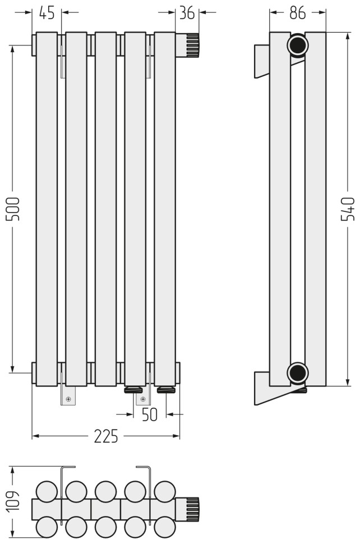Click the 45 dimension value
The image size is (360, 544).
tap(47, 13)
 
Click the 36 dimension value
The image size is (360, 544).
tap(187, 13)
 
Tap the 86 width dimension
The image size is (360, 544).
tap(298, 13)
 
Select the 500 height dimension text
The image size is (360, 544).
tap(13, 209)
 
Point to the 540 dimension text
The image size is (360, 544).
tap(348, 209)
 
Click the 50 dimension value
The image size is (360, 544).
tap(150, 414)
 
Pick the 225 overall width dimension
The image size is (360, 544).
tap(106, 436)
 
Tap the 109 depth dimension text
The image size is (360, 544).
tap(13, 501)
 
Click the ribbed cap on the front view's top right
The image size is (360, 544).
tap(188, 45)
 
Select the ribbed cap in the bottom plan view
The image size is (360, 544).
tap(188, 509)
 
